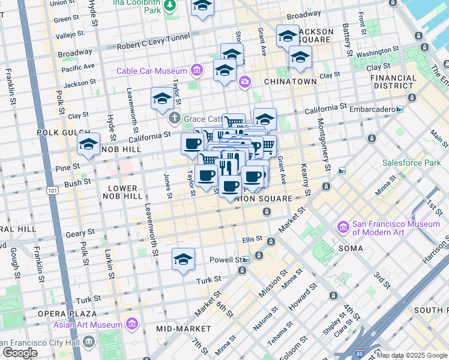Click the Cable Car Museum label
pyautogui.click(x=152, y=71)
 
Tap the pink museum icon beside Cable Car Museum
pyautogui.click(x=196, y=71)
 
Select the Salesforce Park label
pyautogui.click(x=411, y=163)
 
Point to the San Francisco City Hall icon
pyautogui.click(x=89, y=342)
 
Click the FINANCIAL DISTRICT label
pyautogui.click(x=393, y=82)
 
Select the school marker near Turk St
pyautogui.click(x=184, y=259)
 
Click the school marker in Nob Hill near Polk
pyautogui.click(x=88, y=145)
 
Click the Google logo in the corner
pyautogui.click(x=20, y=352)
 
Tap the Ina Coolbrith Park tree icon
pyautogui.click(x=170, y=5)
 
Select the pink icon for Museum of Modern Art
pyautogui.click(x=343, y=227)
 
